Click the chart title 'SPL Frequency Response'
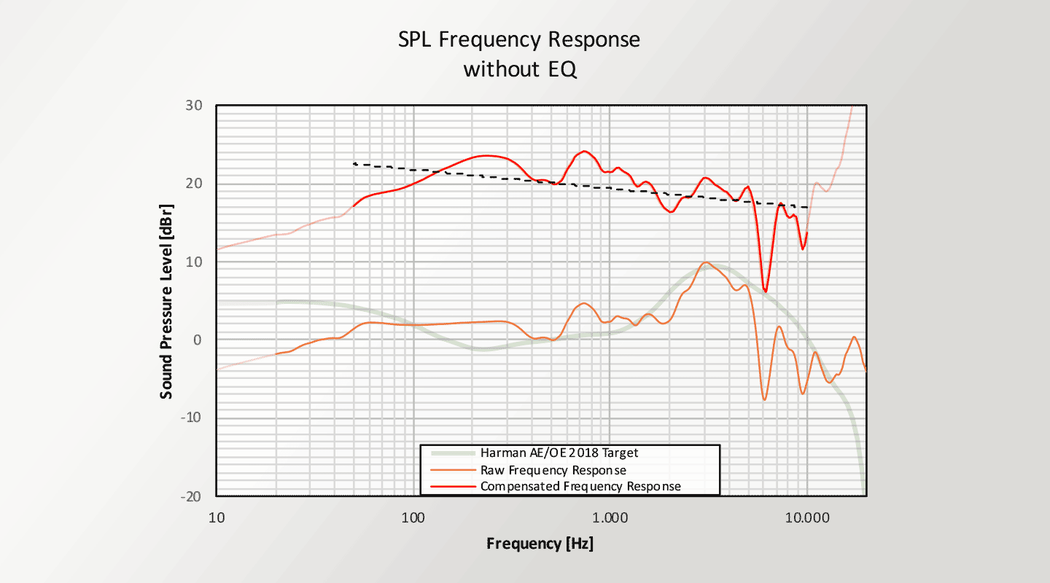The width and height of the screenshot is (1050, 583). (x=519, y=39)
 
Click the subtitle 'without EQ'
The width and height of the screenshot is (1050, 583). (x=519, y=70)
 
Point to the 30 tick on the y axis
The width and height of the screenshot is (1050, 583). (x=192, y=105)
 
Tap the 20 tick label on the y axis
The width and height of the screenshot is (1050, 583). (x=192, y=183)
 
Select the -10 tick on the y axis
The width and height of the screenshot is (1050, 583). (x=190, y=418)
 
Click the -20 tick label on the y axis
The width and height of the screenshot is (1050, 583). (x=190, y=496)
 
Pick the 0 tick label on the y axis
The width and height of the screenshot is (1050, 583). (x=196, y=340)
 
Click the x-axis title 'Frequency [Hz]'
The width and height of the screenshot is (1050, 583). (x=540, y=544)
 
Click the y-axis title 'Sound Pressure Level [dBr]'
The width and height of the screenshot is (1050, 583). (x=167, y=300)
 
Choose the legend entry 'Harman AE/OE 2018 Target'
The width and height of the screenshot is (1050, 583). (x=559, y=453)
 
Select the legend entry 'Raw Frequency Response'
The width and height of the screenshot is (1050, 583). (x=553, y=470)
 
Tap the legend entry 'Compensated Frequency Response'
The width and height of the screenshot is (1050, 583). (x=580, y=486)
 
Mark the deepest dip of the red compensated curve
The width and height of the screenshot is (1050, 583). (x=765, y=291)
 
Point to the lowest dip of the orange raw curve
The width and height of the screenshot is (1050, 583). (x=765, y=399)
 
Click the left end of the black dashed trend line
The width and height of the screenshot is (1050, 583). (x=354, y=164)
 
